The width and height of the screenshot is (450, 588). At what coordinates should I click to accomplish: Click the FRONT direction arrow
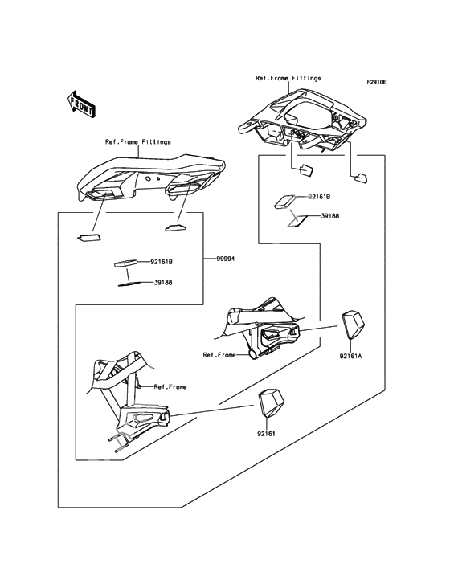point(81,104)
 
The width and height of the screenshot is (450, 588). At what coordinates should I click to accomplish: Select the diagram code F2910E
point(376,81)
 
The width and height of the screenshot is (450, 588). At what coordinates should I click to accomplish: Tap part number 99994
point(225,259)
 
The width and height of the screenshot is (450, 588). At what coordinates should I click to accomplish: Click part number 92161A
point(350,356)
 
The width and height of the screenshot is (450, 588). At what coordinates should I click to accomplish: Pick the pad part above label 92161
point(271,403)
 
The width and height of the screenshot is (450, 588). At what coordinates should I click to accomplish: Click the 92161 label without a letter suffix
point(266,434)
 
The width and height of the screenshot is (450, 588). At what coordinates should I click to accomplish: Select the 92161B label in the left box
point(162,262)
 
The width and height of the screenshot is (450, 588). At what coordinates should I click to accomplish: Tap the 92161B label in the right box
point(319,197)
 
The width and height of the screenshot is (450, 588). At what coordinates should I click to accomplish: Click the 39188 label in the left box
point(162,283)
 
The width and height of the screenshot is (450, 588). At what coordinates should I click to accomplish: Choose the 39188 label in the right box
point(330,216)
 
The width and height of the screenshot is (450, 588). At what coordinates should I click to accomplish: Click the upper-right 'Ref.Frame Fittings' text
point(288,79)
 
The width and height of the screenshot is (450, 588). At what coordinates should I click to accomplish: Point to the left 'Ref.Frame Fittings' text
point(137,142)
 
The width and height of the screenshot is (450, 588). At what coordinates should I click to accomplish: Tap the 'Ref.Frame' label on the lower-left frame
point(170,386)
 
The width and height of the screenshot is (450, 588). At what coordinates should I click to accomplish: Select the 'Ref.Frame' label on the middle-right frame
point(219,355)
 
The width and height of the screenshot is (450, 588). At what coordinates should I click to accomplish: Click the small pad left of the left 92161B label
point(125,263)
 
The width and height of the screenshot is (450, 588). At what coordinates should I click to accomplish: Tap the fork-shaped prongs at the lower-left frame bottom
point(119,441)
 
